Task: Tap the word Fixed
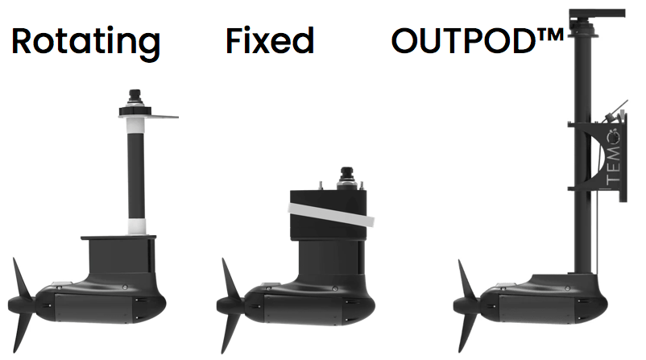pyautogui.click(x=270, y=40)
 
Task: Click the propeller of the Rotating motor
pyautogui.click(x=22, y=305)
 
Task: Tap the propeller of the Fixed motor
pyautogui.click(x=230, y=305)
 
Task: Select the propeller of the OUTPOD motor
pyautogui.click(x=467, y=305)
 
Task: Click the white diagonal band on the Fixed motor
pyautogui.click(x=331, y=214)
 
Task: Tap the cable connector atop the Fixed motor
pyautogui.click(x=347, y=177)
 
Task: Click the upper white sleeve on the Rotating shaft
pyautogui.click(x=136, y=124)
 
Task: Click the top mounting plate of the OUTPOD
pyautogui.click(x=597, y=13)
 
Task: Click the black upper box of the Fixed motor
pyautogui.click(x=329, y=215)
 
